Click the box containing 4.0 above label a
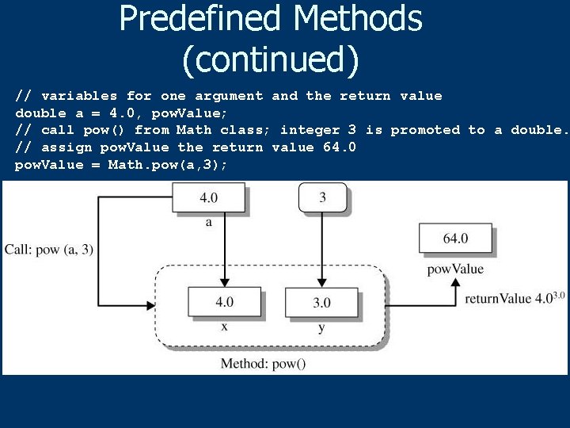(x=208, y=197)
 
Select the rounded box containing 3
(x=322, y=197)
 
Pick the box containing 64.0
(x=455, y=238)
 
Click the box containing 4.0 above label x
(x=225, y=301)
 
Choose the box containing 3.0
(x=321, y=302)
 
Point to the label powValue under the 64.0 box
(x=455, y=269)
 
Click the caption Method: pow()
(x=263, y=364)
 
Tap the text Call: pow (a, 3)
(x=49, y=250)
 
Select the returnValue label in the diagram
(x=497, y=299)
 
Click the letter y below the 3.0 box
(x=321, y=327)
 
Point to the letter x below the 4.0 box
(x=225, y=326)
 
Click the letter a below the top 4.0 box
(x=209, y=222)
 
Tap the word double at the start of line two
(x=40, y=113)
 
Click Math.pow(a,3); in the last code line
(x=168, y=165)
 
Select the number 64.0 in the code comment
(x=340, y=147)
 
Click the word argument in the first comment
(x=229, y=96)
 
